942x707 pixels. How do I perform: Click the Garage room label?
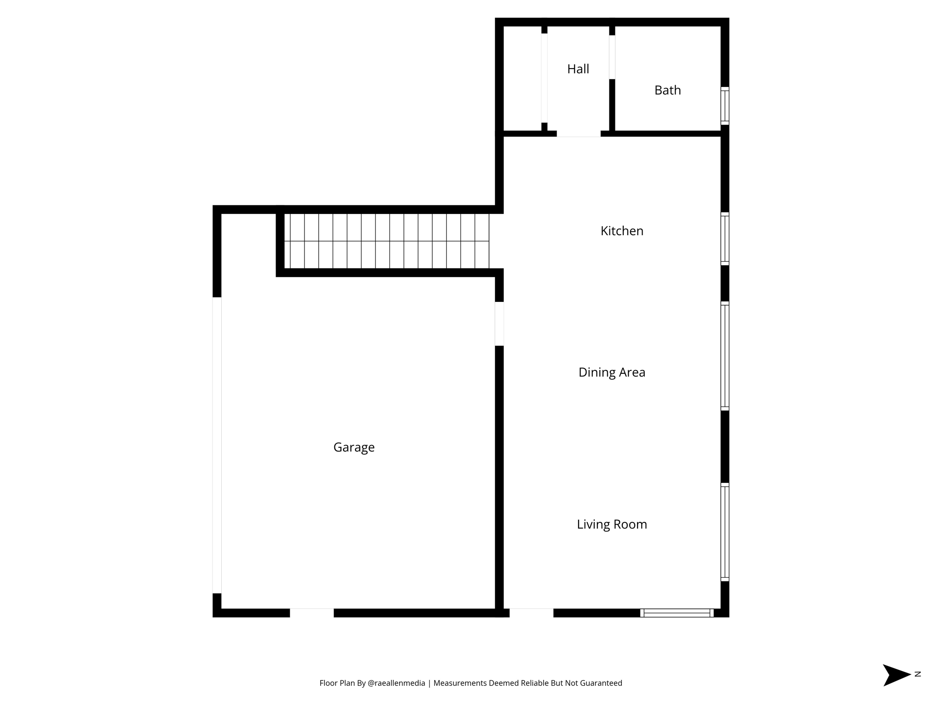pyautogui.click(x=354, y=447)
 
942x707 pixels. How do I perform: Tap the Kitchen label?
pyautogui.click(x=622, y=231)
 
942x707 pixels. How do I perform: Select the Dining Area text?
pyautogui.click(x=612, y=372)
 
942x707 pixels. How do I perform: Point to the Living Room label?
pyautogui.click(x=612, y=524)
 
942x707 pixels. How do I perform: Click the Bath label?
pyautogui.click(x=667, y=90)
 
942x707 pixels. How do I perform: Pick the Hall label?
pyautogui.click(x=578, y=69)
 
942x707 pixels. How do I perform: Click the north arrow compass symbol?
pyautogui.click(x=896, y=675)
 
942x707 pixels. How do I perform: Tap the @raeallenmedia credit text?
pyautogui.click(x=396, y=683)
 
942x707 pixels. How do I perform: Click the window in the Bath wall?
pyautogui.click(x=724, y=106)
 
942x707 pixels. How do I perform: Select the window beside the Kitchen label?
pyautogui.click(x=724, y=238)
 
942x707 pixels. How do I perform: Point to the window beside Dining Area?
pyautogui.click(x=724, y=356)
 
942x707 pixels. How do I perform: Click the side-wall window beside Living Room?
pyautogui.click(x=724, y=532)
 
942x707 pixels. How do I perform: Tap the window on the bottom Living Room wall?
pyautogui.click(x=677, y=613)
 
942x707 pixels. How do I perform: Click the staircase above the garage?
pyautogui.click(x=386, y=241)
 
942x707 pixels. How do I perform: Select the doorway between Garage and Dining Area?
pyautogui.click(x=499, y=324)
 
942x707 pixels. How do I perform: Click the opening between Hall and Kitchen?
pyautogui.click(x=579, y=134)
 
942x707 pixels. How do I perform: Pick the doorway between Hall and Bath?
pyautogui.click(x=612, y=57)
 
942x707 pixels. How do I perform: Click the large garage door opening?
pyautogui.click(x=217, y=445)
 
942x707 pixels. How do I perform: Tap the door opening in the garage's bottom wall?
pyautogui.click(x=311, y=613)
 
